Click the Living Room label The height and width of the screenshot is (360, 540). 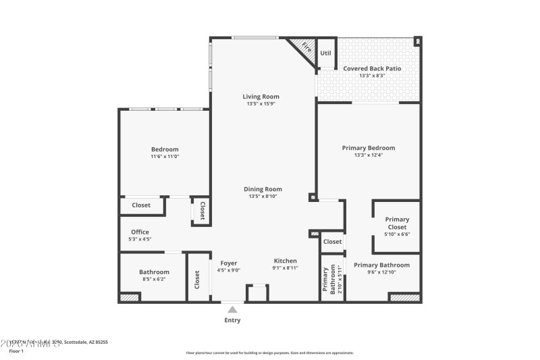261,97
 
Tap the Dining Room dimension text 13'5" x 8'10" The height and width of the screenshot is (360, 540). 263,197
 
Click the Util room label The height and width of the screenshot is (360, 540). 325,52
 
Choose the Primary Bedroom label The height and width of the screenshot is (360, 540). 368,148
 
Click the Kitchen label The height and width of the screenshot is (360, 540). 285,261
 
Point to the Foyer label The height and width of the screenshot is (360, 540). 229,263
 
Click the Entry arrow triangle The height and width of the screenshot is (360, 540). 232,309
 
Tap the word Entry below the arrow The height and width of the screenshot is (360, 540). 232,320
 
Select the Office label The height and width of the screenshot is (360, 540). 140,232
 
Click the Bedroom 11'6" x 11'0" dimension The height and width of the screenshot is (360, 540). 165,156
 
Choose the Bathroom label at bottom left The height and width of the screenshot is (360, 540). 154,272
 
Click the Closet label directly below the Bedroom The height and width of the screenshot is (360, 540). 141,205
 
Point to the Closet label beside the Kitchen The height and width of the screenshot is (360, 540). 332,242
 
